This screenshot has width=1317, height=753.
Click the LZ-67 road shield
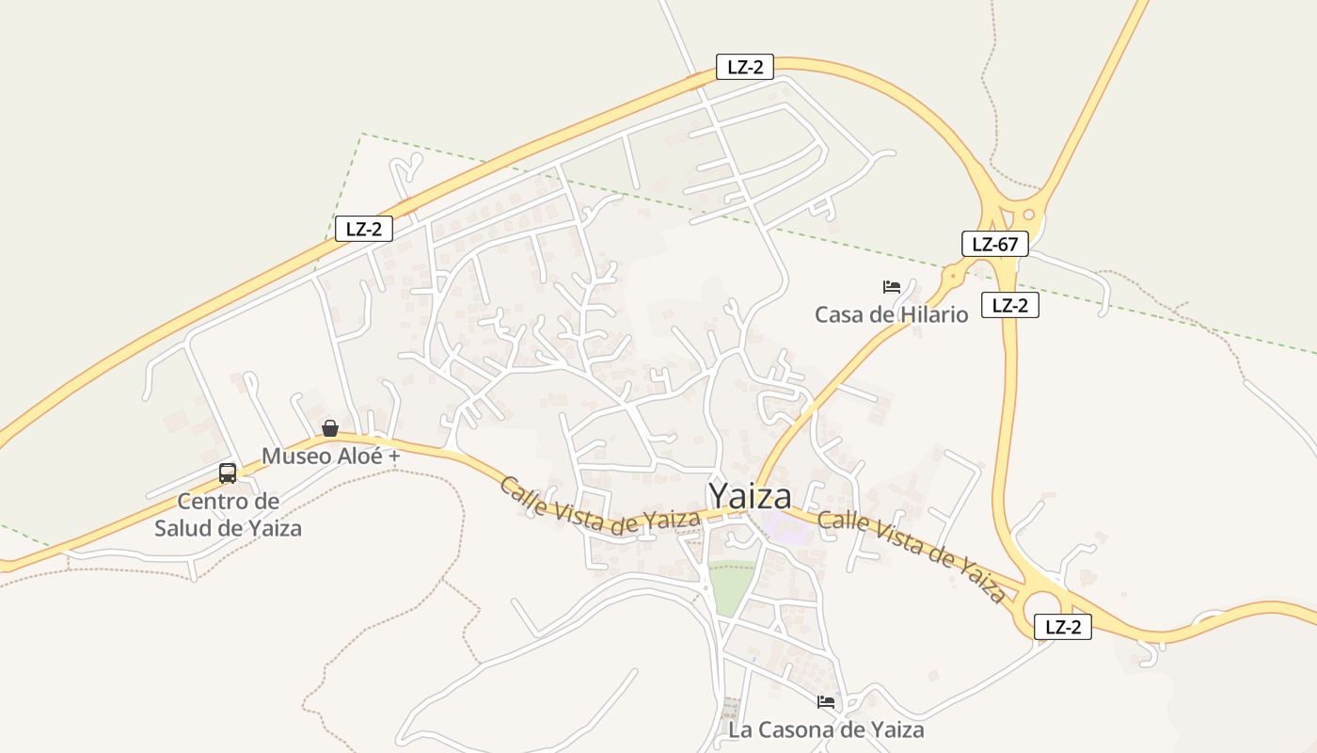(995, 245)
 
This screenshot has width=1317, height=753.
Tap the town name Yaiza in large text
(749, 497)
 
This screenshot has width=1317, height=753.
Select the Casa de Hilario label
(891, 314)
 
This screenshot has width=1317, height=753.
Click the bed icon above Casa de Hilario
(892, 286)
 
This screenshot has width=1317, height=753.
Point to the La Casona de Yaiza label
(826, 729)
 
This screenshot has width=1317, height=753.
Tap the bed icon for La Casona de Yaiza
(826, 701)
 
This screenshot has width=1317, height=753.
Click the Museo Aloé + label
(331, 457)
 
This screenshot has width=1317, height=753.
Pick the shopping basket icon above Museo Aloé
(330, 428)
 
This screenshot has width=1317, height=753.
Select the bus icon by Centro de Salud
(228, 473)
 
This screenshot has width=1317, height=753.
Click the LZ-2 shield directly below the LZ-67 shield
(1010, 305)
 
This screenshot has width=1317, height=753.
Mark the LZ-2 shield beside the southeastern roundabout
(1063, 627)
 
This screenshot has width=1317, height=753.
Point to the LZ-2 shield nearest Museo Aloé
(364, 229)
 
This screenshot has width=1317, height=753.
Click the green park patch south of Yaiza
(732, 585)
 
